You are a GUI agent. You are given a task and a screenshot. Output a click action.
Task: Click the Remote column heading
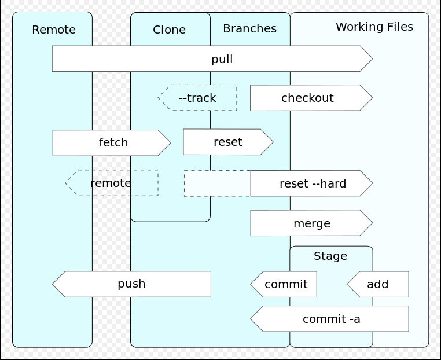pos(54,30)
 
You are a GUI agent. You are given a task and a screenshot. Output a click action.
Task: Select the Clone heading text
pos(169,30)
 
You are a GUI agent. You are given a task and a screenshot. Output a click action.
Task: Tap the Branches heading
pos(250,28)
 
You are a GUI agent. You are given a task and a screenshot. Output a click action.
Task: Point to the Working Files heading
pos(374,27)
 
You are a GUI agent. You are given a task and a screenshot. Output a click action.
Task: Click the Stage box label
pos(330,256)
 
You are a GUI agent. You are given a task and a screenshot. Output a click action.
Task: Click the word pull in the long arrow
pos(222,59)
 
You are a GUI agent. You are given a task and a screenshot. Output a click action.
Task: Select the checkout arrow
pos(311,98)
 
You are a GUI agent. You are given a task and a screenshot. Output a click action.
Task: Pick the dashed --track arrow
pos(197,98)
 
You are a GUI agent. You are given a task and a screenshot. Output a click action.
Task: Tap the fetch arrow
pos(112,142)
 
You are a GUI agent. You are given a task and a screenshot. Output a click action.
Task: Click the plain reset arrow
pos(228,142)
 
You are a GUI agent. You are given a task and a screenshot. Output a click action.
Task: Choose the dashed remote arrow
pos(112,183)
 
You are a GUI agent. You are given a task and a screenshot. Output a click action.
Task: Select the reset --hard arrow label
pos(313,183)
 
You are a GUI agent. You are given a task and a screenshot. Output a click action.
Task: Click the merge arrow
pos(311,223)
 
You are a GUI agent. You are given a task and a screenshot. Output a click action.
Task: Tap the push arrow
pos(131,284)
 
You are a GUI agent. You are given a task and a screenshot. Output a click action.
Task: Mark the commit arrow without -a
pos(284,284)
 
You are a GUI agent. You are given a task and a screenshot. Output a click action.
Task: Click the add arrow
pos(378,284)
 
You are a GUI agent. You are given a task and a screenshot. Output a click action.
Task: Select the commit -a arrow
pos(330,319)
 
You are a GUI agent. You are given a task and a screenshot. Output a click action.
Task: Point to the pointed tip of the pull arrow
pos(373,58)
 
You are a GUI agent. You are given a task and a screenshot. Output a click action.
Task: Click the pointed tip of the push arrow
pos(53,284)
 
